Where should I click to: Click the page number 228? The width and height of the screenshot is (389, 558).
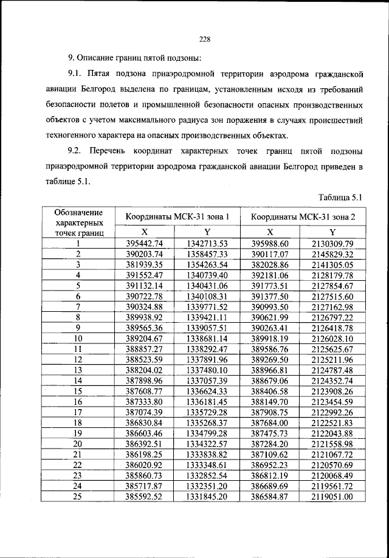coord(204,40)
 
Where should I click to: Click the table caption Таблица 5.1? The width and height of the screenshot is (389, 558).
coord(340,197)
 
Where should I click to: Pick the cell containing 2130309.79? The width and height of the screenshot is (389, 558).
coord(332,244)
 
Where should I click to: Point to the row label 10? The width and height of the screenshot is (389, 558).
coord(78,337)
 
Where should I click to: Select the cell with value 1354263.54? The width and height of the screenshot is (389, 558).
coord(207,265)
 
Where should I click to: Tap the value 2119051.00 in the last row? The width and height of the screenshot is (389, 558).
coord(332,496)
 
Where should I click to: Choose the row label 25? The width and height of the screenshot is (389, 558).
coord(78,496)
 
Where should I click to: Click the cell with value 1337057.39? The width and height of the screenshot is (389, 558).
coord(207,380)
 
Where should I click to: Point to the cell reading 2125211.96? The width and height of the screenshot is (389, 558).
coord(332,359)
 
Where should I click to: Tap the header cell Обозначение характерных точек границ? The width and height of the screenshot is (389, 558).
coord(78,222)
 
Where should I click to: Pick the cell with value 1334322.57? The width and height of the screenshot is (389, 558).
coord(207,443)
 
